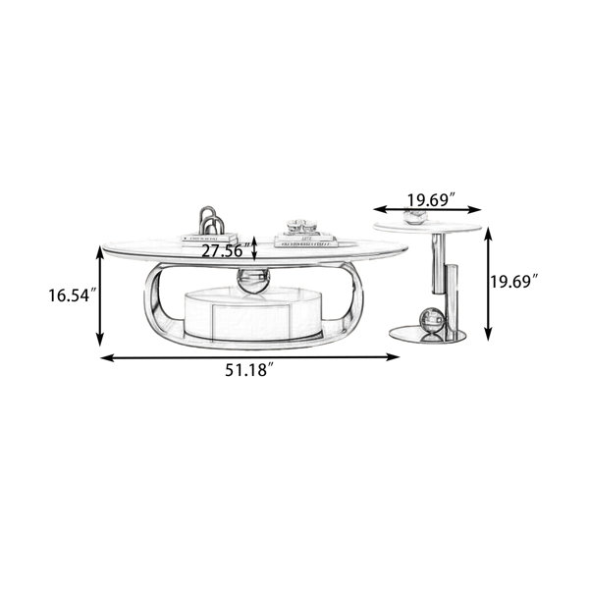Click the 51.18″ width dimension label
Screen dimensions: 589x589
(x=248, y=370)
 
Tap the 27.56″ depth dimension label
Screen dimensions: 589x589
(x=226, y=250)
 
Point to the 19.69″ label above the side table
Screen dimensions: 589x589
(x=432, y=199)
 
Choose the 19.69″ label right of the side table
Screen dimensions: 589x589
(x=513, y=281)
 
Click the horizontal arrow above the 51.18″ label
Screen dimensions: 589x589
(x=249, y=357)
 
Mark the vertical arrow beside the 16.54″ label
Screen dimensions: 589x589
(x=99, y=295)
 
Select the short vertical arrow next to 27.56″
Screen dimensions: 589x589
(x=254, y=248)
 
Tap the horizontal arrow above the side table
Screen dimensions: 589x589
(x=427, y=209)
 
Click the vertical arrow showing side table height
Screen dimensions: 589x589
(x=488, y=284)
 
